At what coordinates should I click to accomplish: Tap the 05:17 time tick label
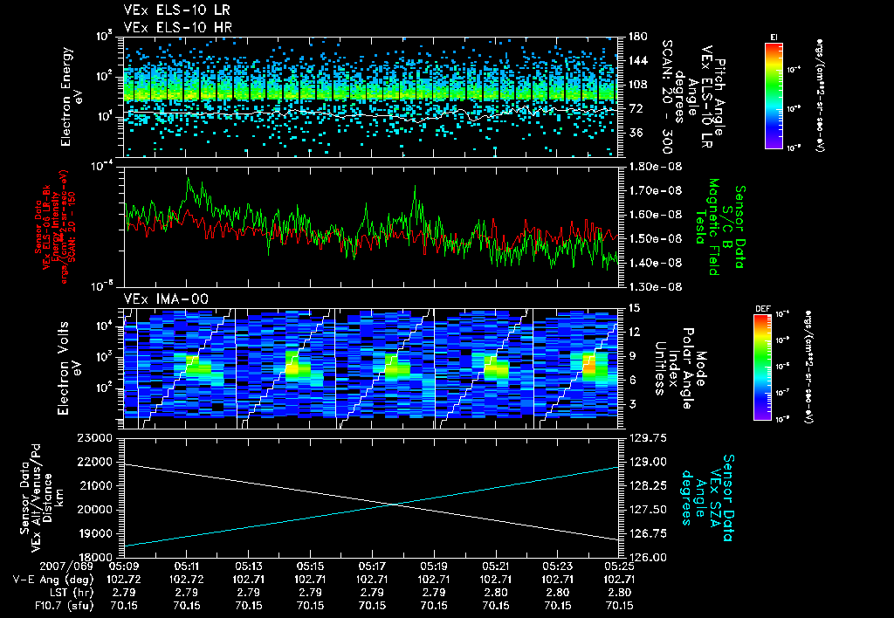[x=373, y=565]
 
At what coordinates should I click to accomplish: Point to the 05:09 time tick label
[x=126, y=565]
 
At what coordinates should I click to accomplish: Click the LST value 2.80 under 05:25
[x=619, y=591]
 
